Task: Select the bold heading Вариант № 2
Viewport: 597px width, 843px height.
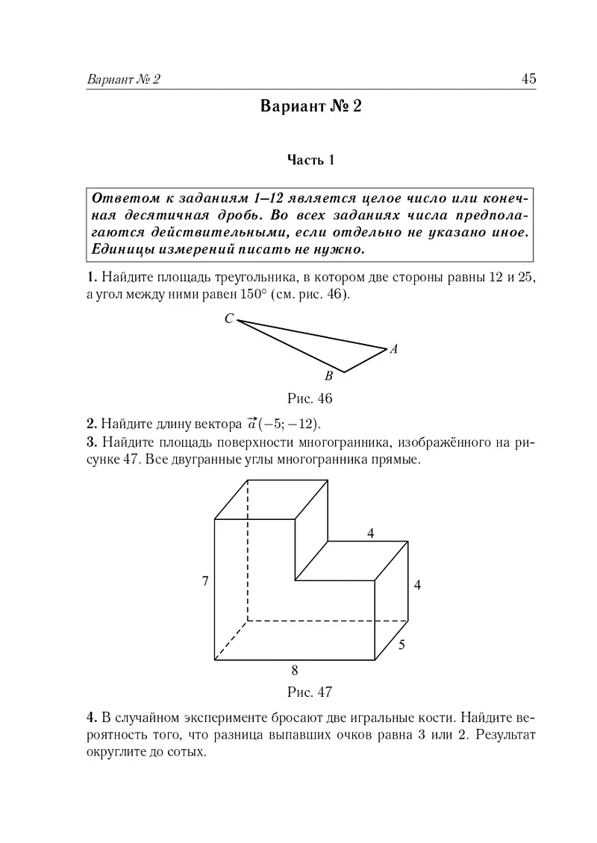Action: [310, 107]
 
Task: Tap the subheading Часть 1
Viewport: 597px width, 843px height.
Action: [311, 160]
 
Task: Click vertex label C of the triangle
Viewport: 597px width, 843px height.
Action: [228, 319]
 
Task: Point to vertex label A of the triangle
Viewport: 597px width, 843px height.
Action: [393, 348]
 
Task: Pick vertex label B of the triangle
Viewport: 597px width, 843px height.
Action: [328, 377]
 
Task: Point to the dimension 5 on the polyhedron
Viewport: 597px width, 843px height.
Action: [401, 645]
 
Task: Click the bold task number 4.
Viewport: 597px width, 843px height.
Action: [91, 718]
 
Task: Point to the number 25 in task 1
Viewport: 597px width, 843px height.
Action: [527, 278]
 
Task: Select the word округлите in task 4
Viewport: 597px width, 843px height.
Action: [116, 752]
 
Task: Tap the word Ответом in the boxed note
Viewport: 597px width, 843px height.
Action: [119, 198]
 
